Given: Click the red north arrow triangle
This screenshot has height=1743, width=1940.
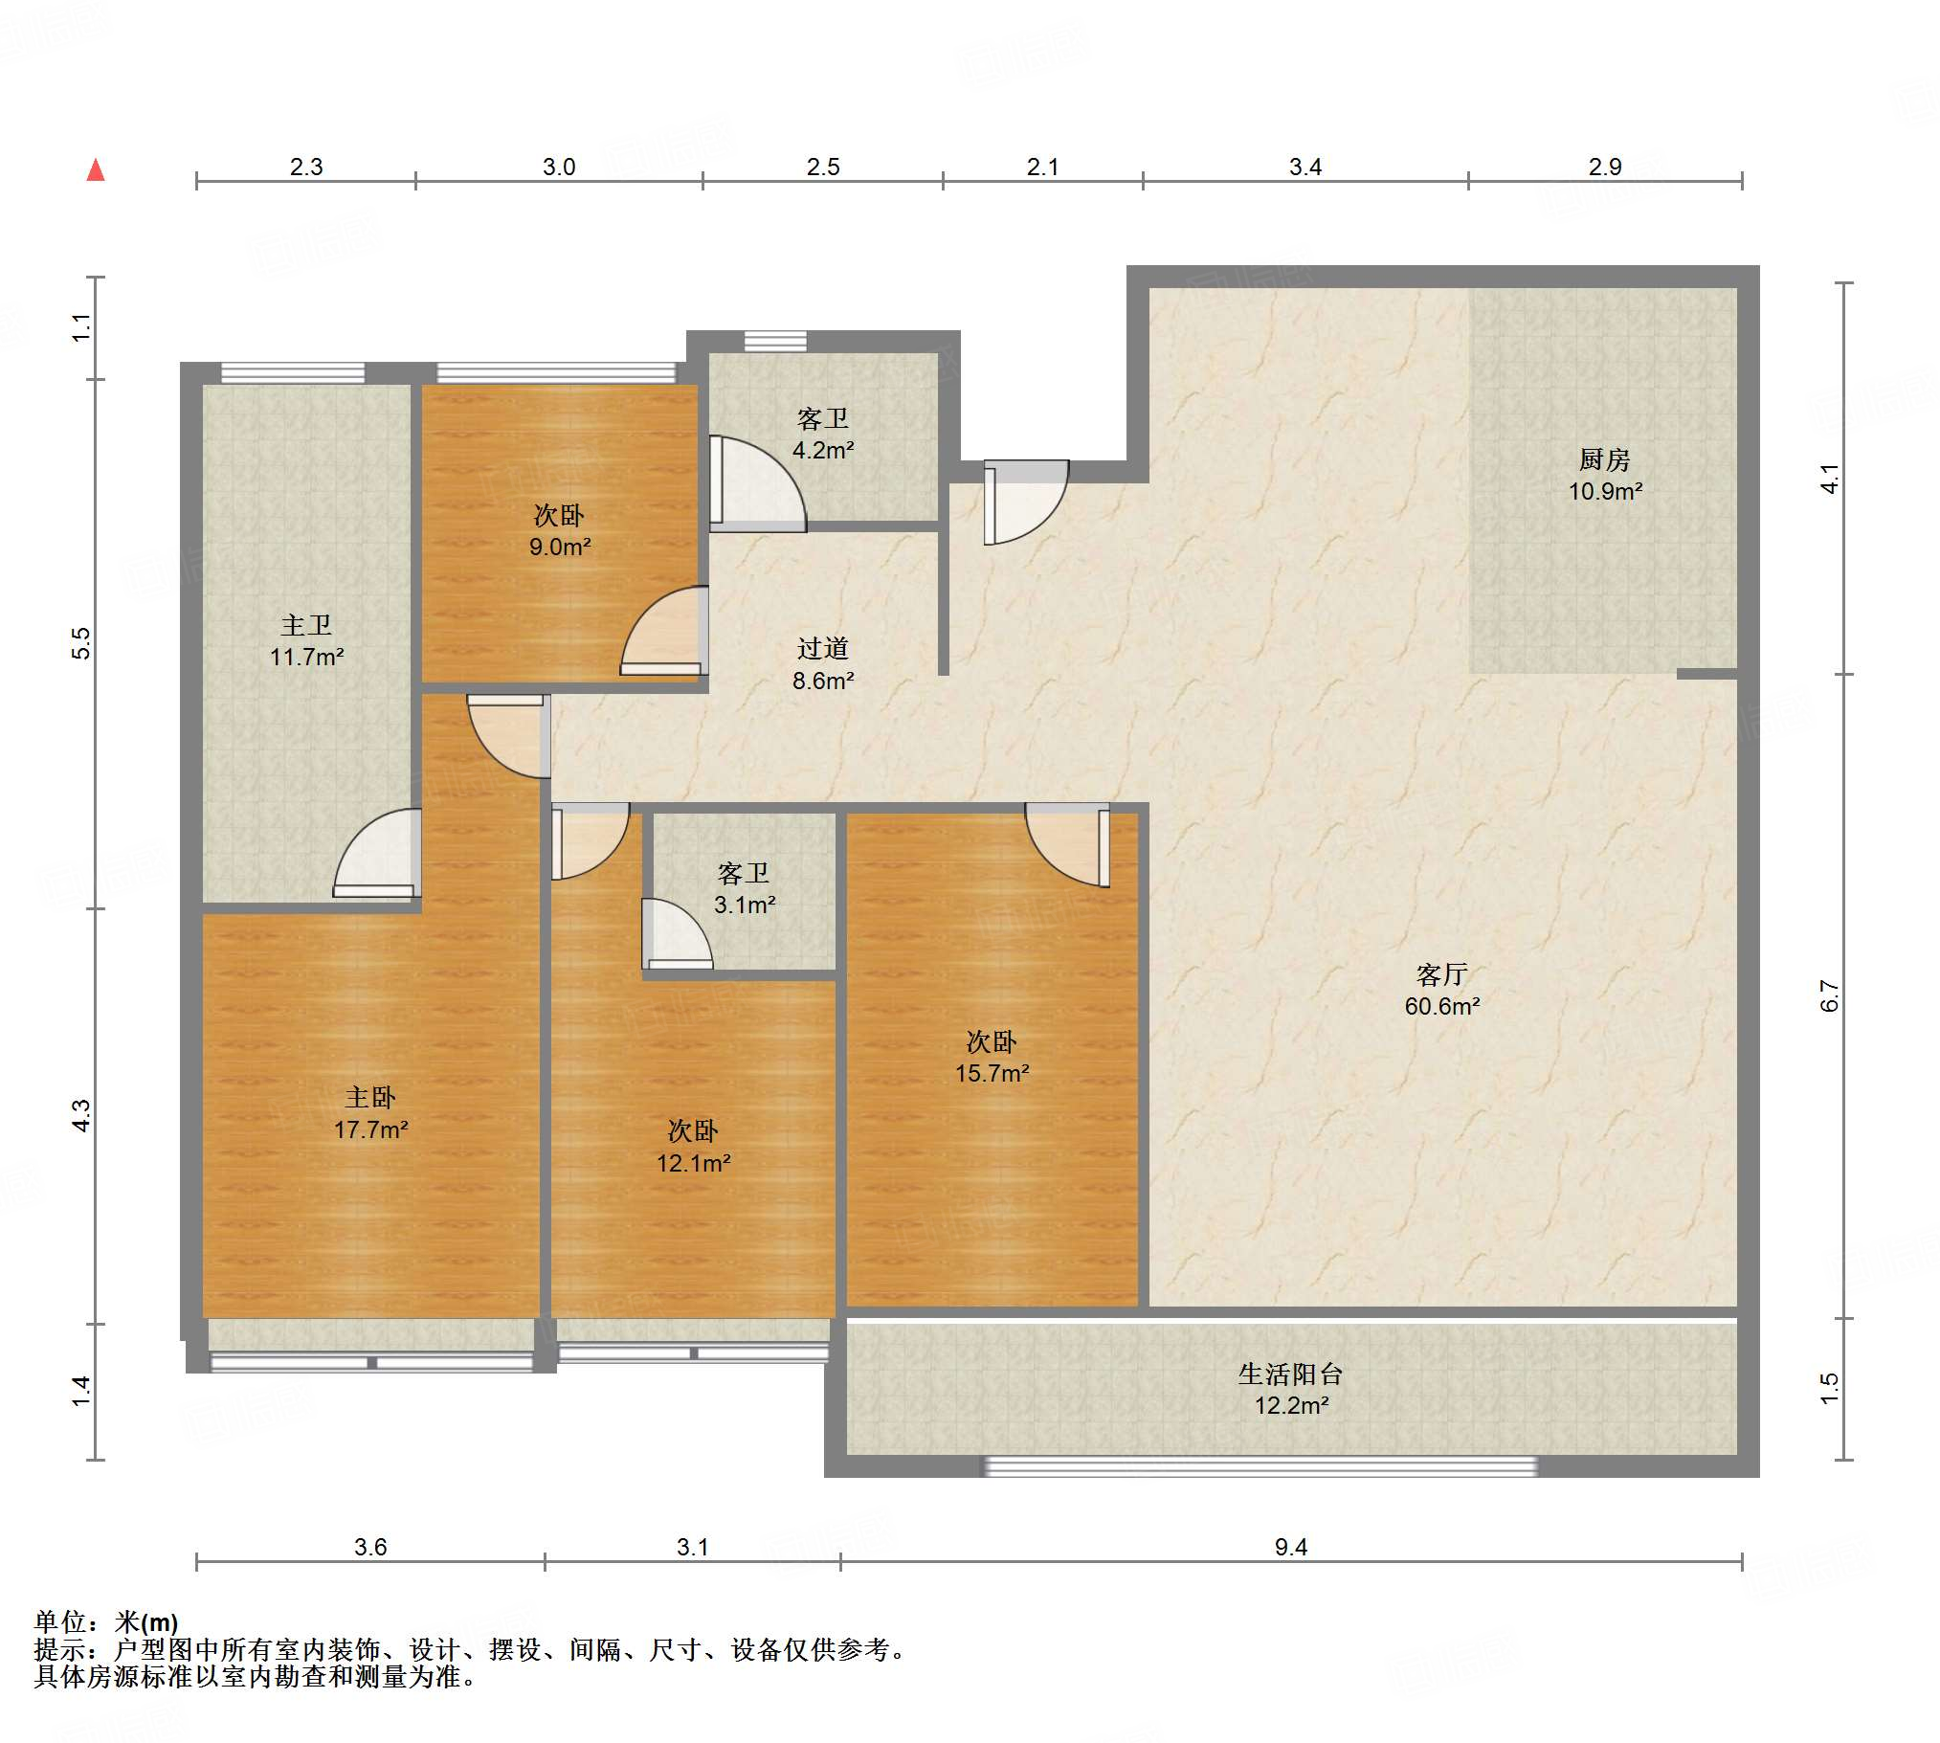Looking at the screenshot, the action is pos(96,170).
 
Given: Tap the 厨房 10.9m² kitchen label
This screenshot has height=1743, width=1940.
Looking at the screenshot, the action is pos(1605,475).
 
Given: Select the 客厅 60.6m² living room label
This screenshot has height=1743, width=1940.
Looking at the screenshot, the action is pos(1442,991).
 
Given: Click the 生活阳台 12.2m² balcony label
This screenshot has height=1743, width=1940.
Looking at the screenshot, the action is pos(1291,1390).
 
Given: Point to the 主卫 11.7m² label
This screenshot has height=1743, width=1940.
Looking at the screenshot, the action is pos(306,640).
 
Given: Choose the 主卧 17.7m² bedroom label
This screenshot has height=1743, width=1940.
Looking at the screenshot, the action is pos(370,1113).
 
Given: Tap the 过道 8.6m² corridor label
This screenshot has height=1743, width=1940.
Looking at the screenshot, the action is pos(822,664).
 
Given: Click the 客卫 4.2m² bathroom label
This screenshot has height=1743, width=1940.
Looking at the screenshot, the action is pos(822,434).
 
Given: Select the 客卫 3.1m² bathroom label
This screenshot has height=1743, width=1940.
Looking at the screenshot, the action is pos(744,889).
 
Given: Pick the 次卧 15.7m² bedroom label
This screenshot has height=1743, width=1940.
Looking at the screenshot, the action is pos(992,1058).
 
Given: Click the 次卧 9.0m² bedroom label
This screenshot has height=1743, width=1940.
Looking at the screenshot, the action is pos(559,530).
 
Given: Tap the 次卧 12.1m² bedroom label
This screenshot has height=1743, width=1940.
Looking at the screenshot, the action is pos(693,1147).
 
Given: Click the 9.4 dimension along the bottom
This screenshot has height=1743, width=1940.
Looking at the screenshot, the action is pos(1291,1547).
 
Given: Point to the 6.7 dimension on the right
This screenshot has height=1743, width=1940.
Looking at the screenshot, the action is pos(1829,996).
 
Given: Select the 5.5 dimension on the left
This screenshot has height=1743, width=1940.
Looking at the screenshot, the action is pos(82,642).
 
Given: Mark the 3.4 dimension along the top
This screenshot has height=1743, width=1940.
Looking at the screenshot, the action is pos(1305,167).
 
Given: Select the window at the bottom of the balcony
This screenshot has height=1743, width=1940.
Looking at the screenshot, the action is pos(1261,1466).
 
